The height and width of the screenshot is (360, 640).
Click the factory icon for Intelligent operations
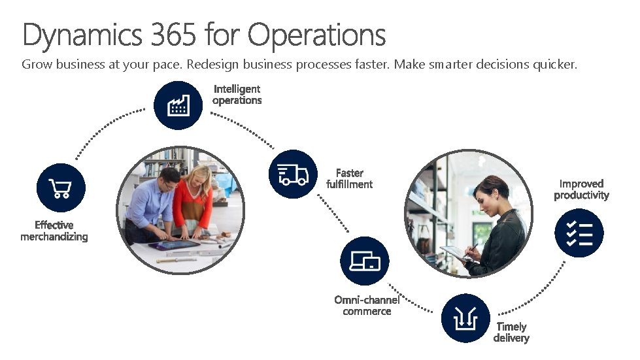[x=178, y=105]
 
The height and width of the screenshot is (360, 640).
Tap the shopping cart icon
[x=61, y=188]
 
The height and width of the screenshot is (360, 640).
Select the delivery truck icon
[x=293, y=174]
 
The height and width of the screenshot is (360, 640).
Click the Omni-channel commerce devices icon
[x=364, y=261]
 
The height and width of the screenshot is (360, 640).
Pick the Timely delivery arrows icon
[x=465, y=318]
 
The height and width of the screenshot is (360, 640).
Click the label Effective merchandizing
[x=54, y=231]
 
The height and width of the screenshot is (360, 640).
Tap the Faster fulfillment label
[x=349, y=178]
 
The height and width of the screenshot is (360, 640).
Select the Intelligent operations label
[x=237, y=94]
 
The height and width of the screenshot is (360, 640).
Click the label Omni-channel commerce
[x=367, y=305]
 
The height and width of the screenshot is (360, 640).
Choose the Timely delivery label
[x=511, y=332]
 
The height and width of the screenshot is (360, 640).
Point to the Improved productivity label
[x=581, y=189]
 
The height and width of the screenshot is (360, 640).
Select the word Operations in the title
[x=317, y=36]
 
